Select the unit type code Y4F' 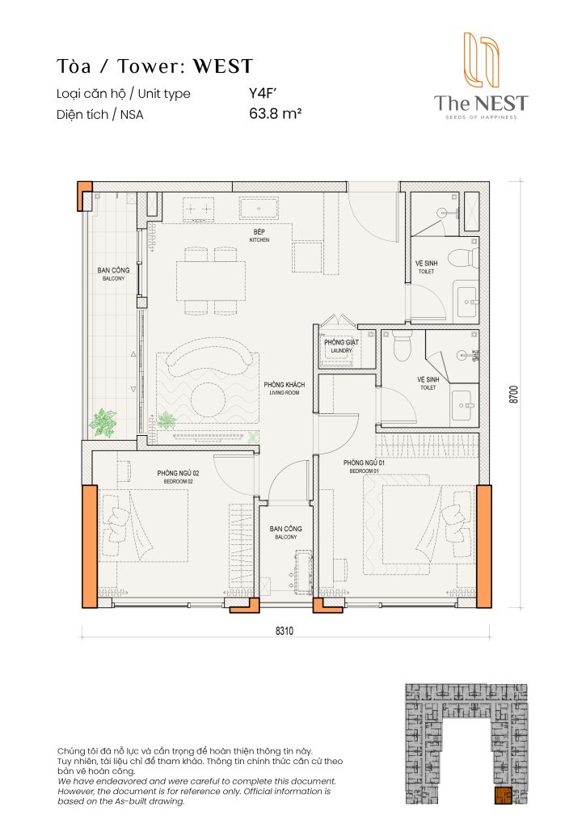click(x=263, y=93)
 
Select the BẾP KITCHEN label click(x=259, y=235)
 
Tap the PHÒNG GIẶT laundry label click(x=341, y=345)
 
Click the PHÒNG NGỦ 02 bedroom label click(x=178, y=476)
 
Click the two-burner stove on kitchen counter click(x=199, y=210)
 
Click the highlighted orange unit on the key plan click(x=503, y=796)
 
